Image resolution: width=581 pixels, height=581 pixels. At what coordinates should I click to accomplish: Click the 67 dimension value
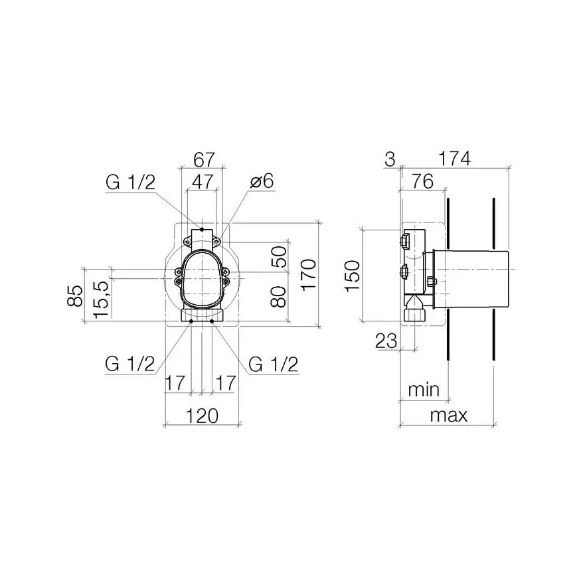click(x=204, y=160)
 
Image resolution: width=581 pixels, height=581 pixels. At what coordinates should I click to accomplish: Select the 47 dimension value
click(x=203, y=181)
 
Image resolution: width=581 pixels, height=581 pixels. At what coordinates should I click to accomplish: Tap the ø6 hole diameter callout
click(x=262, y=181)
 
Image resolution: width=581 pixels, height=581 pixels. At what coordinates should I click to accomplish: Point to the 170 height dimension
click(x=308, y=275)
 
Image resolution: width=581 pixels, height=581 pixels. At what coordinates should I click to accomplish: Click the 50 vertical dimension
click(x=279, y=257)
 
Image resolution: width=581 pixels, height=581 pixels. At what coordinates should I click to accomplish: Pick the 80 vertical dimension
click(x=279, y=297)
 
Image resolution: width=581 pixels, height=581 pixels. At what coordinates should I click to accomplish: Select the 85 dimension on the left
click(x=75, y=295)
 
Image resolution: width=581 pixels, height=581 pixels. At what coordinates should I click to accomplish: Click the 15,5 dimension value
click(x=101, y=299)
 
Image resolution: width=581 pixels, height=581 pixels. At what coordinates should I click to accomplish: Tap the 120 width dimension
click(x=202, y=416)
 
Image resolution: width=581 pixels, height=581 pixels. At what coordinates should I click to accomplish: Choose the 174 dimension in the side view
click(x=454, y=159)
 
